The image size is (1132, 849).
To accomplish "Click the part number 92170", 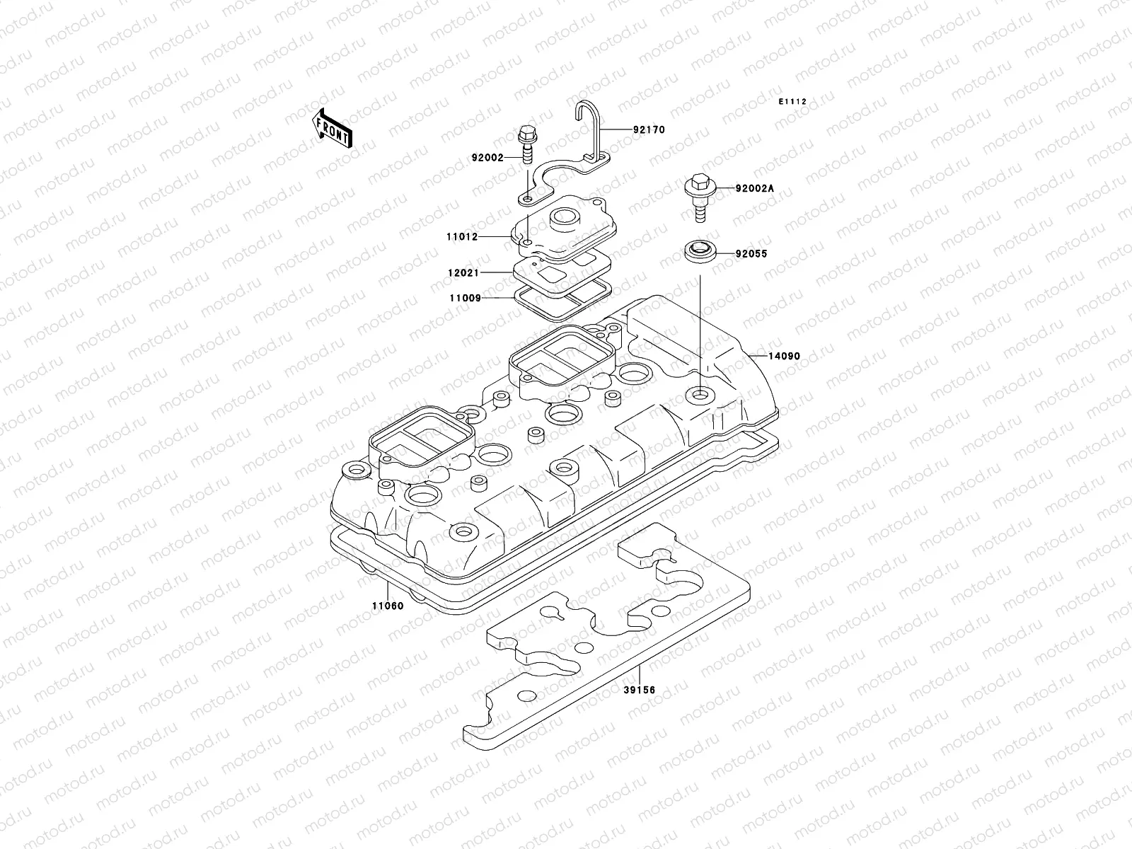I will click(649, 130).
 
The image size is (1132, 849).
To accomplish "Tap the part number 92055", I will click(751, 253).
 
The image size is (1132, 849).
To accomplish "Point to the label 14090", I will click(785, 356).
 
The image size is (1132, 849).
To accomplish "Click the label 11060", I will click(388, 606).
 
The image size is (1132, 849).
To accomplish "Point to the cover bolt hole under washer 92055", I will click(700, 393).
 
